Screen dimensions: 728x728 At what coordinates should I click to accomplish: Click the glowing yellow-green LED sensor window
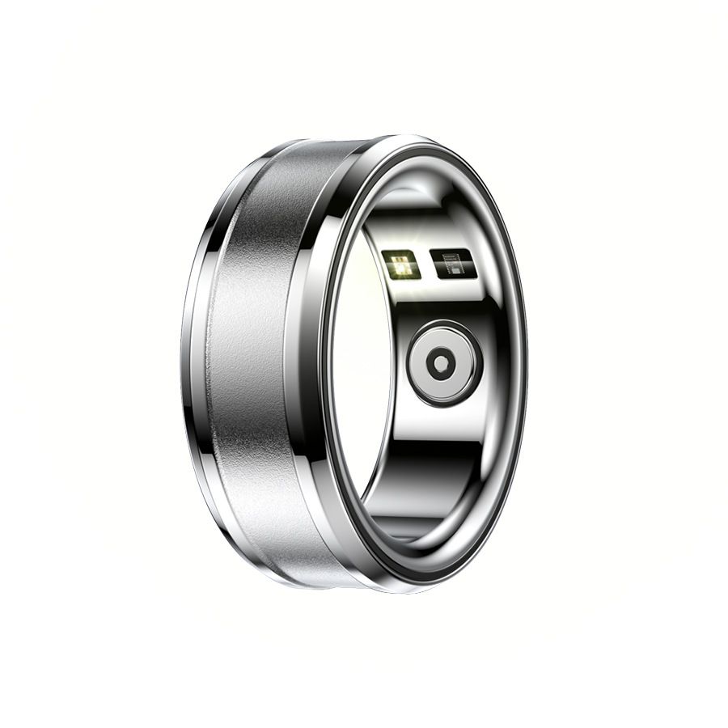coord(400,265)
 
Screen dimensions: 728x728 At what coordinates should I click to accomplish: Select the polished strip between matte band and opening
coord(301,364)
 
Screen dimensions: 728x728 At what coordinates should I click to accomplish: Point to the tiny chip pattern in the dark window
coord(455,264)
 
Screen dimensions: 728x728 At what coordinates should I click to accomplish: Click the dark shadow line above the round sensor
coord(437,311)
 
